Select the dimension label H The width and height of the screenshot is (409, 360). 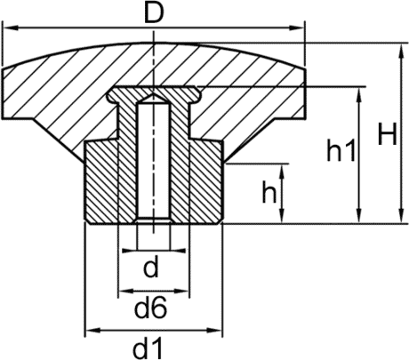pos(387,135)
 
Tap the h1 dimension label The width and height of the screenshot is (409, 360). pos(341,150)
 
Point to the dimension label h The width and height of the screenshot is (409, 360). pos(269,192)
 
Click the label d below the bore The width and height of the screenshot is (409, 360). pos(151,267)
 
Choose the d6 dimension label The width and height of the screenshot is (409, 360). pos(151,308)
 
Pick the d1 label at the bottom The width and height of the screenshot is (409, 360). pos(148,348)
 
